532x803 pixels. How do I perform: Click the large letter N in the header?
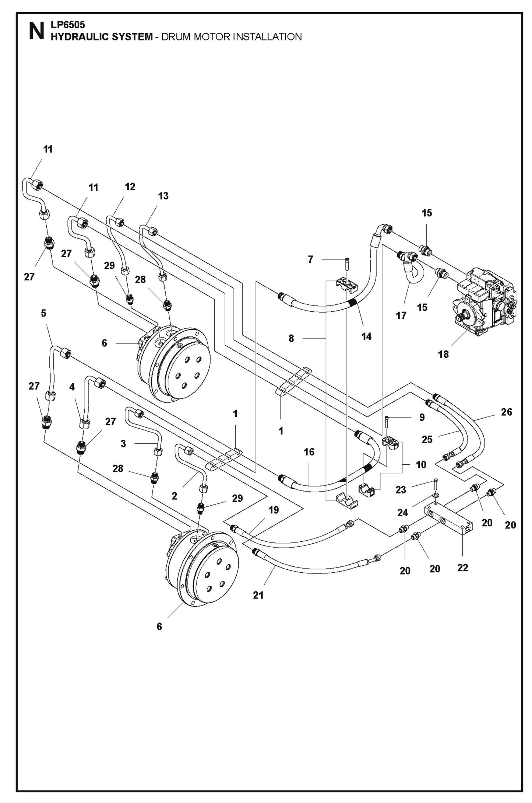(36, 32)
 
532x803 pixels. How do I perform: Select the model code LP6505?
(68, 25)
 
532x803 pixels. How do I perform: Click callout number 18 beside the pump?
(443, 354)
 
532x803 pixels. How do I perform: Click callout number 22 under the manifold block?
(462, 568)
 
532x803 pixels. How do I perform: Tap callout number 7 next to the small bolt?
(310, 260)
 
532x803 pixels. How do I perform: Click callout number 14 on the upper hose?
(366, 336)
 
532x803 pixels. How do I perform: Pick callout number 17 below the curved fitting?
(401, 316)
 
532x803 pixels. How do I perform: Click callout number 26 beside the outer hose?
(507, 412)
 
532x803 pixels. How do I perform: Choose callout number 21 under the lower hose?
(258, 595)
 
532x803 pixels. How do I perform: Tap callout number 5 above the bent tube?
(43, 313)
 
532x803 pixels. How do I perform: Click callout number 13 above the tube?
(163, 196)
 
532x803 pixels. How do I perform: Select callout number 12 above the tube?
(130, 187)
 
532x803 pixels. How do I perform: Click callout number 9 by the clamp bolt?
(422, 417)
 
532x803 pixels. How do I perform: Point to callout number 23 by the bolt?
(401, 490)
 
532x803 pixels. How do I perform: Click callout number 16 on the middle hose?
(309, 452)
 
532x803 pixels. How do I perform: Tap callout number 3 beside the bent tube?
(123, 444)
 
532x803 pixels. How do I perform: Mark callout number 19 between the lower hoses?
(273, 510)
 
